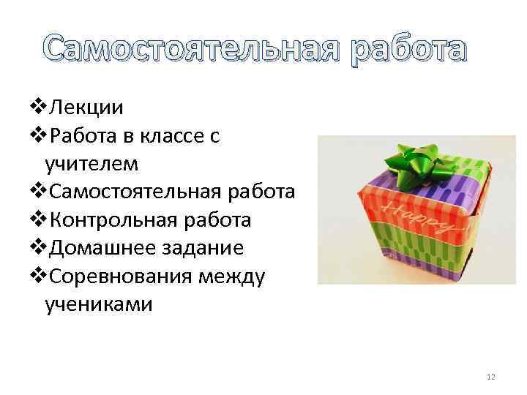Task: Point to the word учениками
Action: (99, 303)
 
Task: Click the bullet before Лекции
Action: (38, 108)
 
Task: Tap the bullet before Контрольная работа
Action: (38, 219)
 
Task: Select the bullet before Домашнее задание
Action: (38, 247)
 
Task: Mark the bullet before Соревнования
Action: (38, 276)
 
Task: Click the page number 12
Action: (490, 376)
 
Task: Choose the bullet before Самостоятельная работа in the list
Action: (38, 192)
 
